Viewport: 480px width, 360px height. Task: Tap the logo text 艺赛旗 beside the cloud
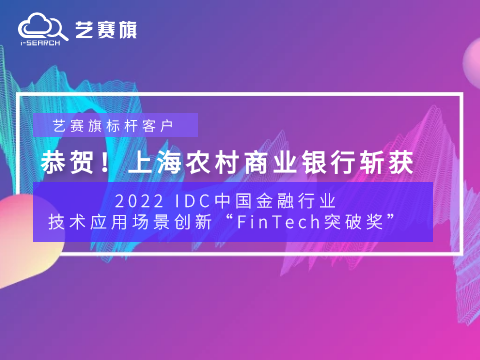[106, 29]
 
